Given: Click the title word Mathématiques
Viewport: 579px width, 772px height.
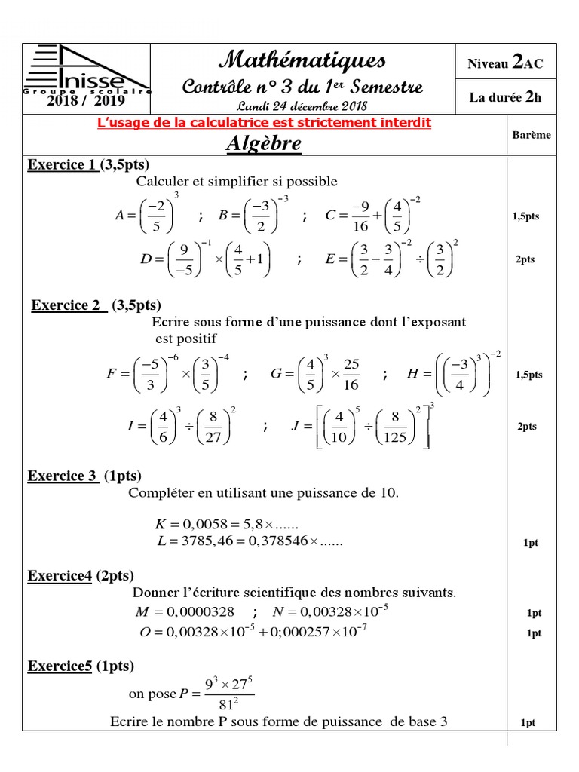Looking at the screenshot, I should [302, 59].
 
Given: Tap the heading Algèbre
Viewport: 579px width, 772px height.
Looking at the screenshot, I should [264, 143].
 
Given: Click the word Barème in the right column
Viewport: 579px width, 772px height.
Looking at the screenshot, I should [532, 135].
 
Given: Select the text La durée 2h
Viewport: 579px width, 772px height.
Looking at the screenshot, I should [505, 96].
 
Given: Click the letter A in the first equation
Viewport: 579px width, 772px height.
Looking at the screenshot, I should [119, 216].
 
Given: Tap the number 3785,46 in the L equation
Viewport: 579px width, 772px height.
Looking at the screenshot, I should [203, 541].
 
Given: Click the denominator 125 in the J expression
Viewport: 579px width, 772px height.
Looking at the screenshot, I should [395, 437].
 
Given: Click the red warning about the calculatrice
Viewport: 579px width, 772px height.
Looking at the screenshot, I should [264, 122].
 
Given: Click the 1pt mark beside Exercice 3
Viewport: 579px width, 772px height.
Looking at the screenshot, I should [532, 542].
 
